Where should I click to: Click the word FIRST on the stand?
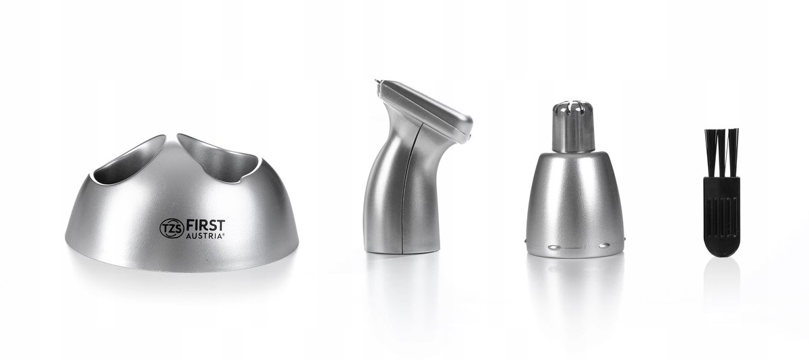[x=205, y=226]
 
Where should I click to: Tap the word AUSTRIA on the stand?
[x=204, y=237]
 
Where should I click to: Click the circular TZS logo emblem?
[x=172, y=229]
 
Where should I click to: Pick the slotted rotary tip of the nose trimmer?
[x=574, y=109]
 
